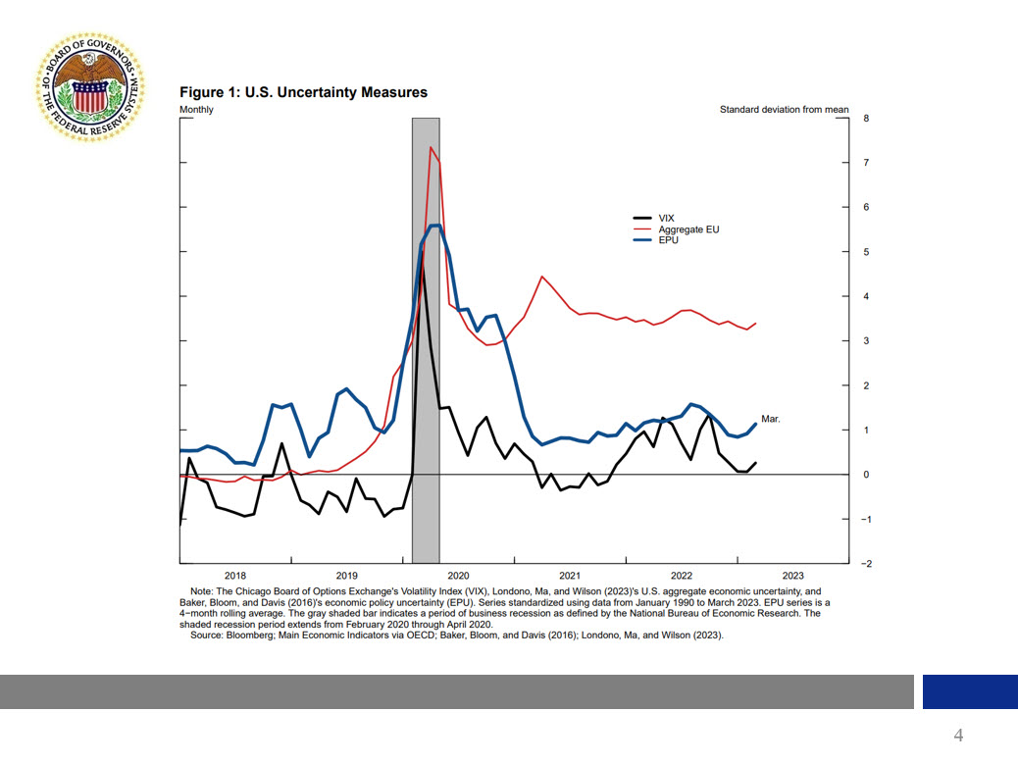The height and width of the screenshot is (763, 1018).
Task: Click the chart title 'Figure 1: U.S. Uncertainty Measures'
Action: coord(303,92)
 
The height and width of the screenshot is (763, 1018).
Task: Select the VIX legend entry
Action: coord(666,218)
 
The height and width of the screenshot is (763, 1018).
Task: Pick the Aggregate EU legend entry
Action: coord(687,229)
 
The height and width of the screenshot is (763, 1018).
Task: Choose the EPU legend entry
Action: coord(668,239)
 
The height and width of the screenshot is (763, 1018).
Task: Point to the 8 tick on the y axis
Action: coord(866,118)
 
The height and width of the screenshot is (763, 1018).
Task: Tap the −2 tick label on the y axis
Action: coord(864,564)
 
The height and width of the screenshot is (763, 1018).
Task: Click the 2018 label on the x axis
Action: coord(235,576)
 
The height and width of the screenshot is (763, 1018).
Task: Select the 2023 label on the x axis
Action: coord(792,576)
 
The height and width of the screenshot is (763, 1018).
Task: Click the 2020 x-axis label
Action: coord(458,576)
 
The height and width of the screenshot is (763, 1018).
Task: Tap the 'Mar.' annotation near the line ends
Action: coord(771,419)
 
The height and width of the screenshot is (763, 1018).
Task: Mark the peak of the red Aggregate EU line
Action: coord(431,147)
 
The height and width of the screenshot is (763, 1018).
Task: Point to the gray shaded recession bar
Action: coord(425,392)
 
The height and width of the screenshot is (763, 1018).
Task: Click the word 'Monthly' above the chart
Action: coord(196,110)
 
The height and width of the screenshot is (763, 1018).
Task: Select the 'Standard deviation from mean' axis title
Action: coord(784,110)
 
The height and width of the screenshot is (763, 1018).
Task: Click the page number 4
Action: coord(958,736)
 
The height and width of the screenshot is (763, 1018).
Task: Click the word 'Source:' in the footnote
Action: coord(209,636)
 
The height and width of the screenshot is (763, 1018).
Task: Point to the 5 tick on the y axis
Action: coord(866,252)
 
